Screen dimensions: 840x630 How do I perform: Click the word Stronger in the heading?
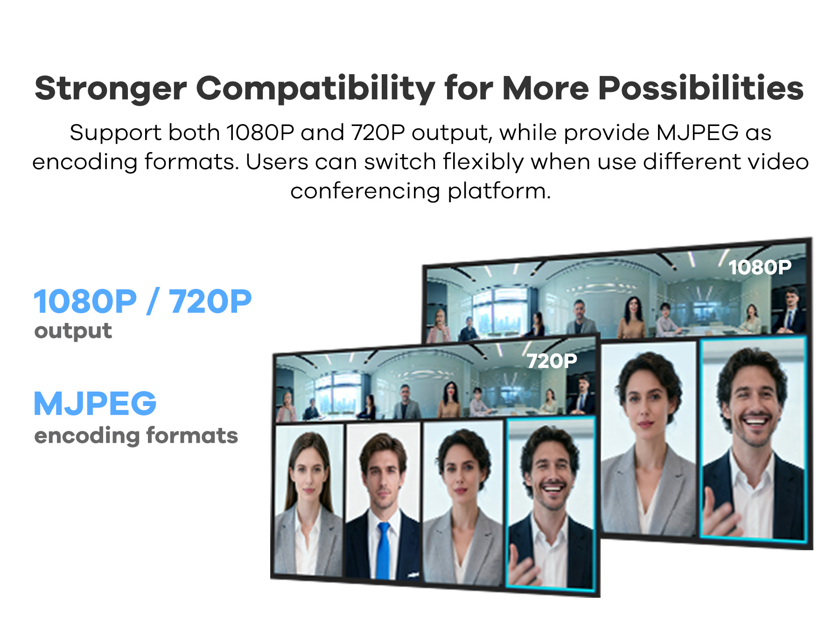[x=111, y=89]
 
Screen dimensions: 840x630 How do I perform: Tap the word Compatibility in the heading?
[x=315, y=89]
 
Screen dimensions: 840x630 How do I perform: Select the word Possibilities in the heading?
[x=701, y=88]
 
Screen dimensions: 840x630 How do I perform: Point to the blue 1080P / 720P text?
[x=143, y=301]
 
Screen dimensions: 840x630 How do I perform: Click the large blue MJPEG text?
[x=95, y=404]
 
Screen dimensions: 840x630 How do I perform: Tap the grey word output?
[x=73, y=331]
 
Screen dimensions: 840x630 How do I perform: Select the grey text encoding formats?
[x=136, y=436]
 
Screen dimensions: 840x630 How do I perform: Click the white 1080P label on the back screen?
[x=760, y=267]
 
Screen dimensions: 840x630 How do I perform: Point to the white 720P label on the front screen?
[x=552, y=361]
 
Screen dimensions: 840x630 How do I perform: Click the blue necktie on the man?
[x=383, y=551]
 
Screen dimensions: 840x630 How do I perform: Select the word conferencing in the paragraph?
[x=365, y=191]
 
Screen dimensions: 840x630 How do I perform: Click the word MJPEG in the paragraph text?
[x=697, y=133]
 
